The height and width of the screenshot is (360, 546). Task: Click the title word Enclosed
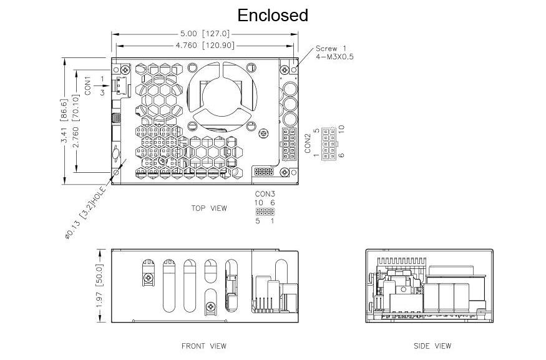273,16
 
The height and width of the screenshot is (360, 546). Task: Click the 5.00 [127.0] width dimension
205,34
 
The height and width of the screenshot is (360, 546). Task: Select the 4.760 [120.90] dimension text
205,46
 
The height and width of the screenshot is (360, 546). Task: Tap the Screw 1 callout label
331,49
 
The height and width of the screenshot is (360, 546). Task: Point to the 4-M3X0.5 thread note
334,57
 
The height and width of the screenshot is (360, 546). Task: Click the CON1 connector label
87,85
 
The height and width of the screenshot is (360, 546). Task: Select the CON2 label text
308,144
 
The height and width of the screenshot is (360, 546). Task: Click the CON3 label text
265,194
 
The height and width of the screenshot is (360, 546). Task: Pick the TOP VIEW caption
209,208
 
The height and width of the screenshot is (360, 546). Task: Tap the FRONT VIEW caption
203,346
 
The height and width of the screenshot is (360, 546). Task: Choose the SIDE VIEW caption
432,346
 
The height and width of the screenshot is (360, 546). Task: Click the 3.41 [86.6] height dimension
64,121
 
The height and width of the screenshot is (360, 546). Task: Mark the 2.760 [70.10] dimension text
76,121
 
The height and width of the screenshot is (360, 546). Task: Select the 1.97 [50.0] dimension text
99,286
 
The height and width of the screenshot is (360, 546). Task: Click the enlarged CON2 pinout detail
328,144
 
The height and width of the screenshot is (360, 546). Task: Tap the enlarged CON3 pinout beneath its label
265,212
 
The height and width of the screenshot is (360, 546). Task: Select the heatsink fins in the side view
401,261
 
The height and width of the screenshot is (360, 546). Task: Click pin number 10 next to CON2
341,129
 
